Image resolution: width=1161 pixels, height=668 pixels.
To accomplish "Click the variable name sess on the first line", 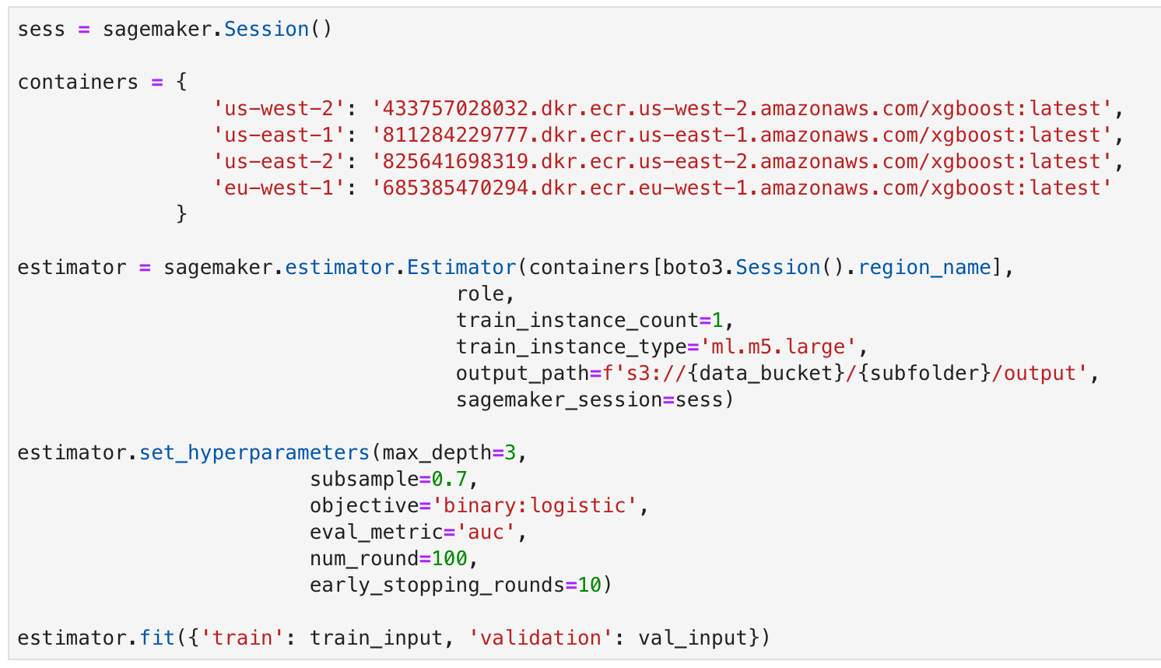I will (x=41, y=30).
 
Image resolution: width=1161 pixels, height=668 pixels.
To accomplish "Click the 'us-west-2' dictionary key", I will (x=279, y=109).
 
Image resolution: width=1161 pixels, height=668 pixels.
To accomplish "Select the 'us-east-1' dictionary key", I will (x=279, y=135).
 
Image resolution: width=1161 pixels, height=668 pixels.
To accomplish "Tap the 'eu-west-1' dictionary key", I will (x=279, y=188).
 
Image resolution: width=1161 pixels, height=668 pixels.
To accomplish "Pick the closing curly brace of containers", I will (x=181, y=214).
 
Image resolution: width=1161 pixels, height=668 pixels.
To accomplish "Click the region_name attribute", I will (x=924, y=268).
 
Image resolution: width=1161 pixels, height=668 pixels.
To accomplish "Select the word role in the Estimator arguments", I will (x=480, y=294).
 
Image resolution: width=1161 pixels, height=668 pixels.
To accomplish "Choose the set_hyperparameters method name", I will (x=254, y=453).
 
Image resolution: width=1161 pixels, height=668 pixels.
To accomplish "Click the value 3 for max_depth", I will (x=510, y=453).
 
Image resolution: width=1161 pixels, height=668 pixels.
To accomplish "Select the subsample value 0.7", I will (x=450, y=480).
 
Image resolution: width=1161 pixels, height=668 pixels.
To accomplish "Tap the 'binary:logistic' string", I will (x=535, y=506).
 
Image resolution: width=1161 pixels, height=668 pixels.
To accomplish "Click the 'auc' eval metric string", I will (x=486, y=533).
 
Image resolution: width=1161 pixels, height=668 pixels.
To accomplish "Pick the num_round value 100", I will (x=450, y=559).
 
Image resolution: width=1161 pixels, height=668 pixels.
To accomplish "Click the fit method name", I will (x=157, y=638).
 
